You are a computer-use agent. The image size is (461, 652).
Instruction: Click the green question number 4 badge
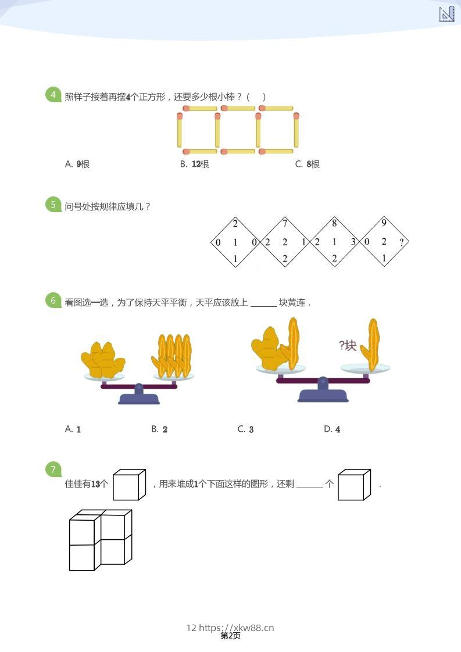tap(53, 95)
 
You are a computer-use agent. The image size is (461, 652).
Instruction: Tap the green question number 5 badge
tap(53, 205)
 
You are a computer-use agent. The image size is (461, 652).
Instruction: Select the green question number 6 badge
tap(53, 300)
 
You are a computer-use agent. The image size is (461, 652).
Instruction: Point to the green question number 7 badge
tap(53, 470)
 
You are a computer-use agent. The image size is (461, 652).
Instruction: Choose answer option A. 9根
tap(77, 164)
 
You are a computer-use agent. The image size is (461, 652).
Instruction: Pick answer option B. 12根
tap(195, 164)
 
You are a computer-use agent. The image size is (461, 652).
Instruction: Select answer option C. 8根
tap(308, 164)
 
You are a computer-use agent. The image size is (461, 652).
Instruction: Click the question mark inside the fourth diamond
tap(401, 242)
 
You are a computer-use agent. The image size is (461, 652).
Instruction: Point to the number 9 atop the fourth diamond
tap(384, 223)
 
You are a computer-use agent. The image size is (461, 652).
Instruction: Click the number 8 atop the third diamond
tap(334, 223)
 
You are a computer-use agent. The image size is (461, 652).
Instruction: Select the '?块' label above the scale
tap(348, 346)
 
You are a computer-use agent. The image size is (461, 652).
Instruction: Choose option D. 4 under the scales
tap(332, 429)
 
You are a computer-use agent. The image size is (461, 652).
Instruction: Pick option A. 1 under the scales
tap(73, 429)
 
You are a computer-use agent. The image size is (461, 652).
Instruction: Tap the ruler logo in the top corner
tap(446, 14)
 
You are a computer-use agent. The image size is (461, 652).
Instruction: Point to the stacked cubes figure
tap(101, 540)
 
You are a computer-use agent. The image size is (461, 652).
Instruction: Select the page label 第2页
tap(231, 636)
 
